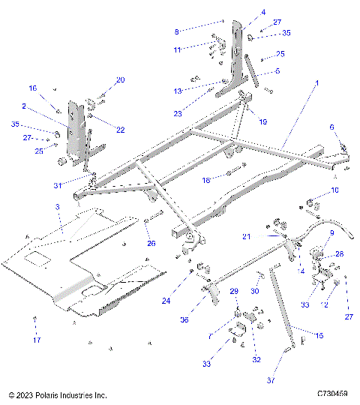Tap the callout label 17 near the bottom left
coord(35,340)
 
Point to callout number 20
coord(120,80)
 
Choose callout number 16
coord(32,88)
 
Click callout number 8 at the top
coord(176,31)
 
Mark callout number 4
coord(242,12)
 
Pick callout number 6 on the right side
coord(332,127)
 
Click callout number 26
coord(150,243)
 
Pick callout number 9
coord(328,234)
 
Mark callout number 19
coord(241,121)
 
